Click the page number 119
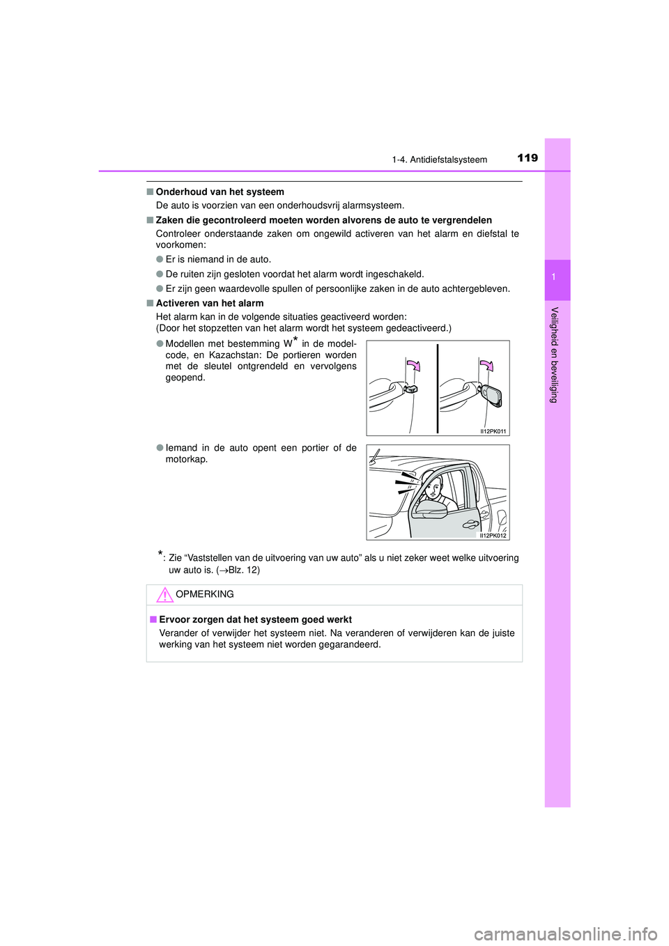coord(528,158)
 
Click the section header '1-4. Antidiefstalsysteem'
coord(439,160)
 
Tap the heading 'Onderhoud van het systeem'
coord(220,192)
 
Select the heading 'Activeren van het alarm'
coord(209,304)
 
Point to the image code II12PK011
coord(493,431)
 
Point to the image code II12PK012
coord(493,536)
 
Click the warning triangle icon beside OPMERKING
coord(164,595)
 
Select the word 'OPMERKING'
coord(205,594)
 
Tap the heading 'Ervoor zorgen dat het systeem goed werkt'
coord(255,620)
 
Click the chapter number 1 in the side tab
coord(554,277)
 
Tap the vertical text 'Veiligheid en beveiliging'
coord(555,355)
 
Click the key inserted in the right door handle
coord(491,396)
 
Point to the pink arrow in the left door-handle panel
coord(413,366)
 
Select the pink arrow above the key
coord(486,366)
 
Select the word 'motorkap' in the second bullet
coord(185,460)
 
